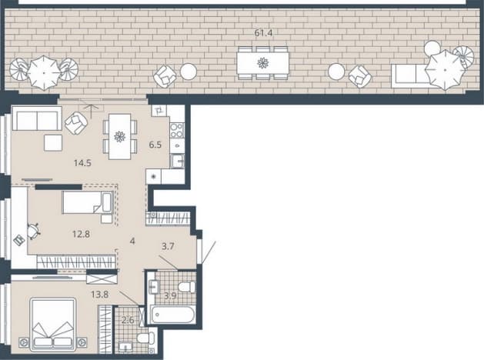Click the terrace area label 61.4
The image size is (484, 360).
(x=264, y=33)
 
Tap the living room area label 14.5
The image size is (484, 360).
(x=82, y=163)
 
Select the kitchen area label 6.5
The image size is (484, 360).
(x=155, y=145)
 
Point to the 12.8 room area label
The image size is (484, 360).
(x=82, y=234)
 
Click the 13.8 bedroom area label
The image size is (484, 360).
(x=100, y=295)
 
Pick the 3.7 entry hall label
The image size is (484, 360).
(x=168, y=246)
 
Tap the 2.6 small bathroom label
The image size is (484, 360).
(x=128, y=320)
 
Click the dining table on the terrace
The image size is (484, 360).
(x=262, y=63)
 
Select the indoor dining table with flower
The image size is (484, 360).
(x=120, y=136)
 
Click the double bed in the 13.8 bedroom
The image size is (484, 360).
(x=53, y=324)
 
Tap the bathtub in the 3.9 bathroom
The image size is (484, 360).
(x=173, y=315)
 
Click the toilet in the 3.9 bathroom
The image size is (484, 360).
(x=187, y=287)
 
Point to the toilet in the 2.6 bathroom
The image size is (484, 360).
(x=145, y=338)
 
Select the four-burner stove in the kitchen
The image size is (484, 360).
(x=177, y=130)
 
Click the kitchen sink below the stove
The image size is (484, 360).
(x=178, y=161)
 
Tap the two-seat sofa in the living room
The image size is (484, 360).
(x=37, y=118)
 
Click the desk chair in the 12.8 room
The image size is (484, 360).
(x=33, y=231)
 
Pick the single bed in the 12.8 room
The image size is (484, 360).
(x=88, y=202)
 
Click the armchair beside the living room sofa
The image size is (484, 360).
(x=76, y=123)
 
